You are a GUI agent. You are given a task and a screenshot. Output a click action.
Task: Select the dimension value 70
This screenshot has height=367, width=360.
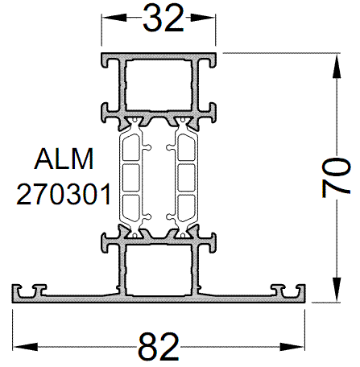(x=339, y=177)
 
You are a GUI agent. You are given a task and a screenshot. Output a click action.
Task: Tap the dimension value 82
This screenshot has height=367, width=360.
(x=159, y=348)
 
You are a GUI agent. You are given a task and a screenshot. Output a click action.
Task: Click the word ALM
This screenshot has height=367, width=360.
(x=64, y=159)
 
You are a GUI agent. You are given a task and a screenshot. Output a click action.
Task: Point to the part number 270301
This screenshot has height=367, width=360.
(x=63, y=194)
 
